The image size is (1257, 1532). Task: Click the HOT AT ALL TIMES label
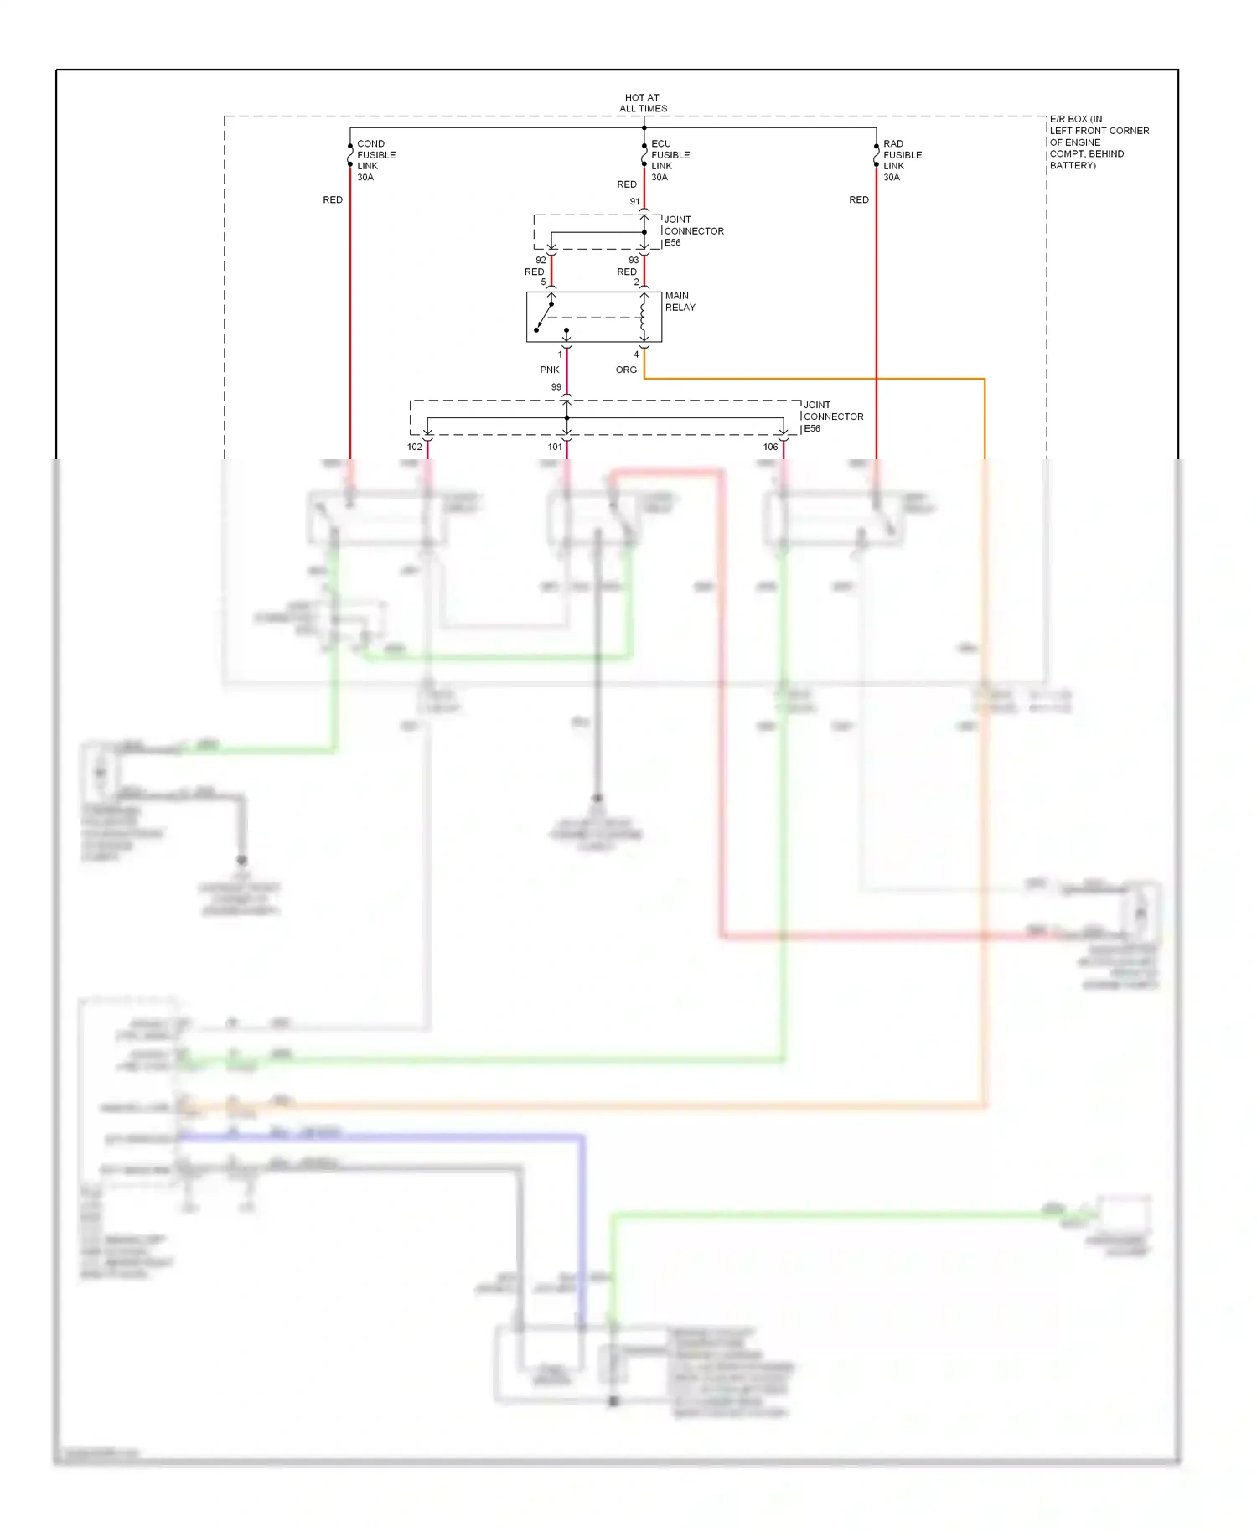[x=643, y=103]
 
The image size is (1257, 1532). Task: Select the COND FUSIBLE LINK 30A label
[x=375, y=160]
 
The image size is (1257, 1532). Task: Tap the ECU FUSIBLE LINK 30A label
[x=670, y=160]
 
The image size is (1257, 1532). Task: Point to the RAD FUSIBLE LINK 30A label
[x=902, y=160]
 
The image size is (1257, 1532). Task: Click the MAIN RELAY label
[x=680, y=302]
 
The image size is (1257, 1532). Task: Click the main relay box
[x=593, y=317]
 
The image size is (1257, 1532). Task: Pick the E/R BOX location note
[x=1098, y=142]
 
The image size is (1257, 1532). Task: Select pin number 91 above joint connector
[x=634, y=202]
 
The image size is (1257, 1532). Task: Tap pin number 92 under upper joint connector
[x=541, y=261]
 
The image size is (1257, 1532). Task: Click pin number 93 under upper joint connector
[x=634, y=261]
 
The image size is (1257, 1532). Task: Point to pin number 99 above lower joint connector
[x=556, y=387]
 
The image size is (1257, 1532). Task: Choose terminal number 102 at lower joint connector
[x=414, y=448]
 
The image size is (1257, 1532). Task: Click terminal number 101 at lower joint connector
[x=555, y=448]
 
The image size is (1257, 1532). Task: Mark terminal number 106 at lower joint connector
[x=770, y=448]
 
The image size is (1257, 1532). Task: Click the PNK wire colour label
[x=549, y=370]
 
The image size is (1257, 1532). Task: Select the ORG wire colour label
[x=626, y=370]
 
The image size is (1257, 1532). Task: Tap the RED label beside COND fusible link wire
[x=333, y=200]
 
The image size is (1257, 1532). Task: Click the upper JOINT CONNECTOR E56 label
[x=693, y=231]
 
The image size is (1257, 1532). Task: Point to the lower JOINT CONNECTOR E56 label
[x=832, y=417]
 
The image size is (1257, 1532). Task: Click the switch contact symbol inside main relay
[x=545, y=317]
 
